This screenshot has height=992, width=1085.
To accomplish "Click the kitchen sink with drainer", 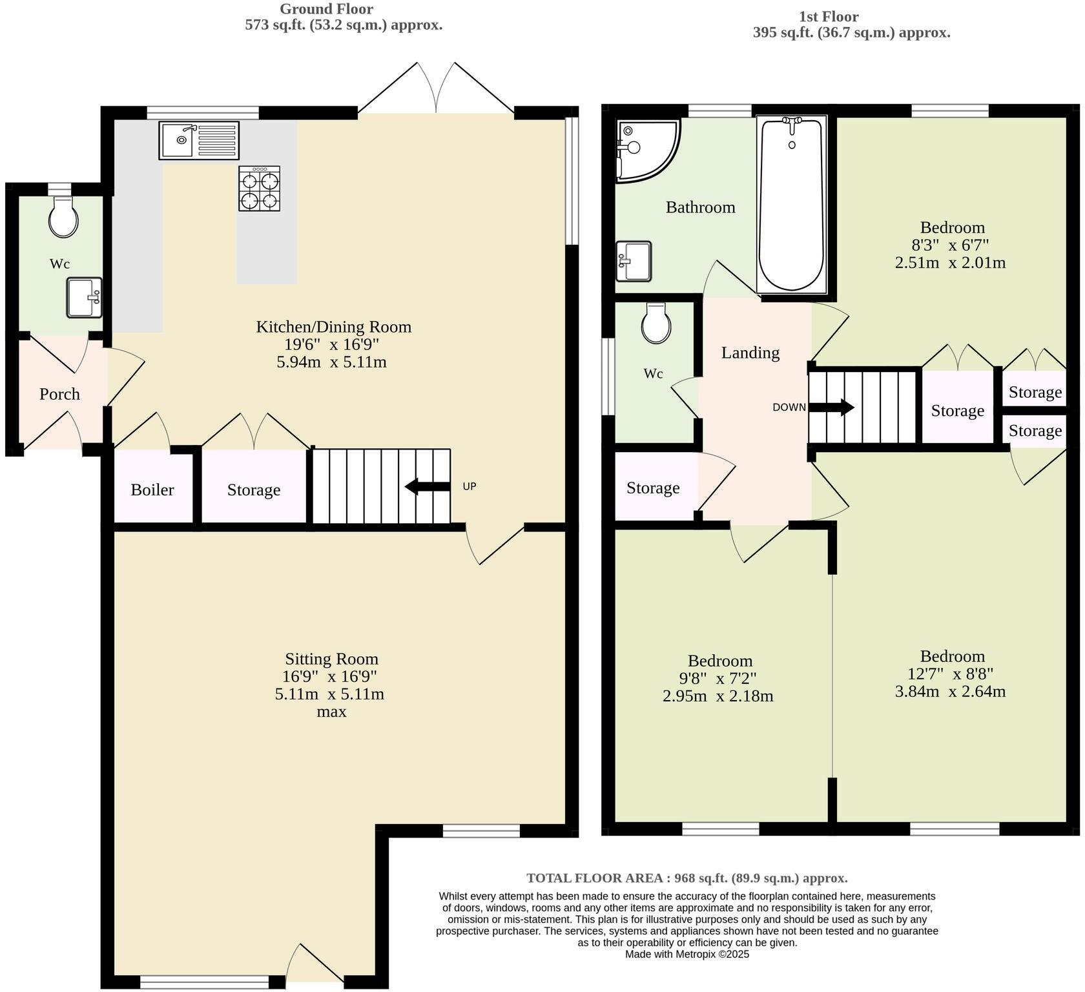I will tap(199, 140).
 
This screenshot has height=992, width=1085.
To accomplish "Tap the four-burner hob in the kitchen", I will tap(259, 189).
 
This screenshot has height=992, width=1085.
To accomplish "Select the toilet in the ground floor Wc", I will tap(63, 218).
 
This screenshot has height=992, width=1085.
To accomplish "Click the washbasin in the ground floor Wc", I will tap(85, 298).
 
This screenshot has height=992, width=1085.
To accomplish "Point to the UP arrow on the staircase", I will tap(427, 486).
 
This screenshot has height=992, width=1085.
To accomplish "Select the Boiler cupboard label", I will tap(152, 490).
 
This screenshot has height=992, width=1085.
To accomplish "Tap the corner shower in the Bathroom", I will tap(643, 148).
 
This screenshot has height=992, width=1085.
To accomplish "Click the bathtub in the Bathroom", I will tap(791, 203).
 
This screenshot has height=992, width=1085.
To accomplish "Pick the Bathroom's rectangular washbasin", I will tap(634, 261).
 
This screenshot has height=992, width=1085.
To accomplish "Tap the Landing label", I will tap(750, 353).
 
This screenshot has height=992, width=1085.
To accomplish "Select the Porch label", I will tap(59, 394).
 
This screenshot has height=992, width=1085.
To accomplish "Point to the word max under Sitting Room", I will tap(331, 712).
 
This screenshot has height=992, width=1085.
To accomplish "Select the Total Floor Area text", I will tap(687, 878).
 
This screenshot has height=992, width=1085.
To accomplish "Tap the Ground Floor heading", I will tap(326, 9).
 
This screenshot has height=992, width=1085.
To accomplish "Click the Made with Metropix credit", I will tap(687, 954).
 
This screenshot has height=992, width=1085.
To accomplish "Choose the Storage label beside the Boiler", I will tap(254, 490).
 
